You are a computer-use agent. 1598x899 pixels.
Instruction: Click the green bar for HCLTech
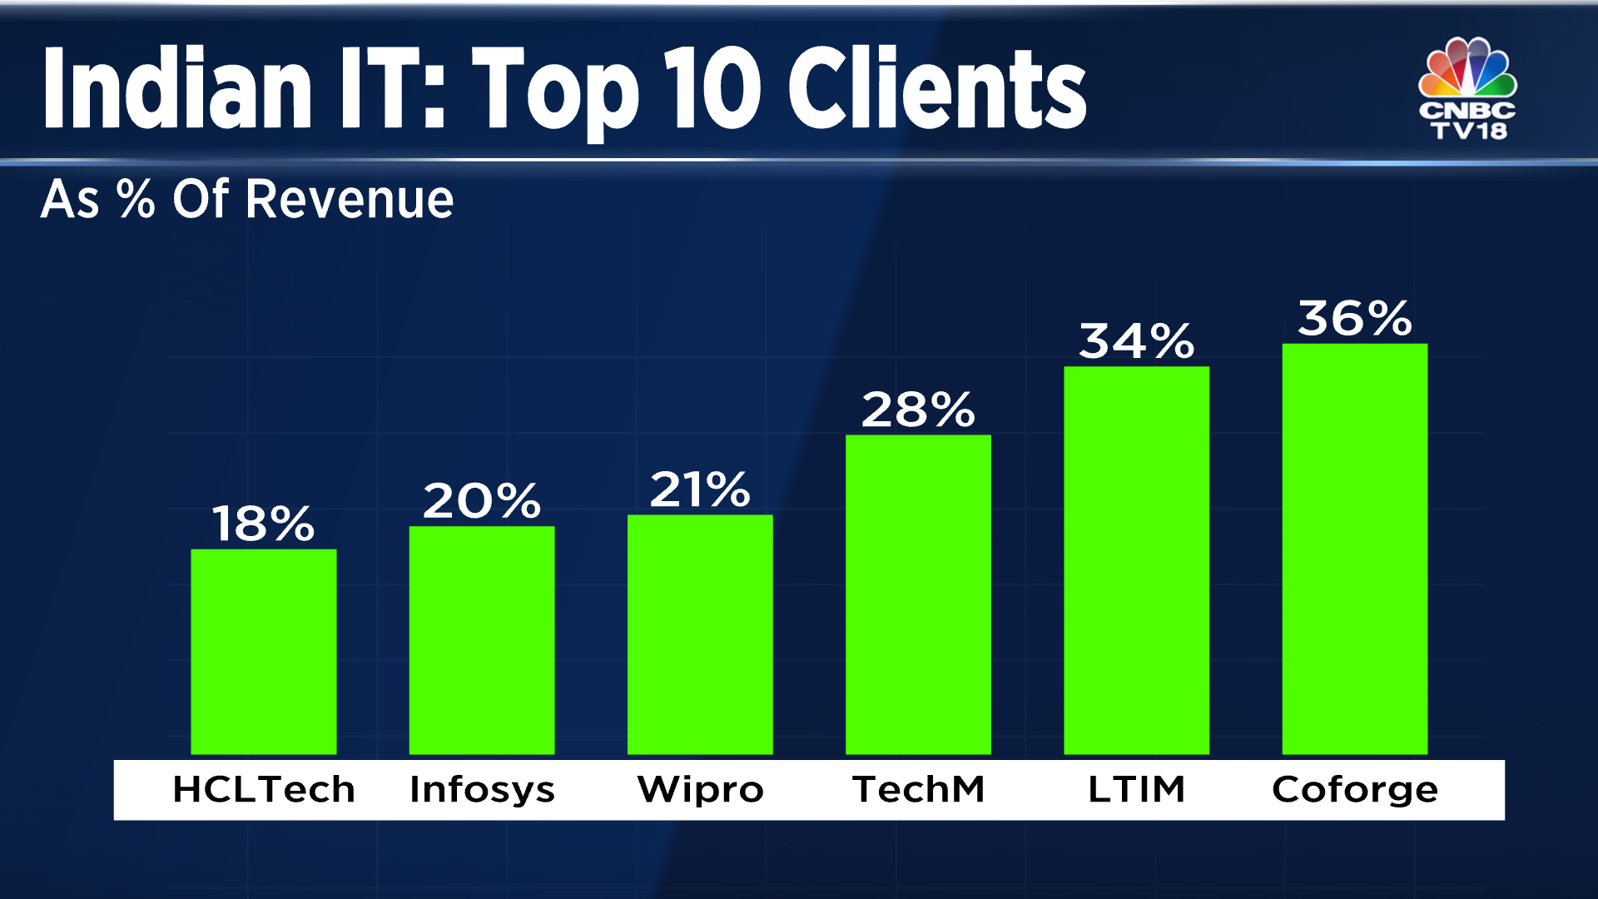pos(264,652)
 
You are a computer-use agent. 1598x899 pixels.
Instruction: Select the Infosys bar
pos(482,640)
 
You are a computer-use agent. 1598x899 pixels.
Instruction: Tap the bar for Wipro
pos(700,634)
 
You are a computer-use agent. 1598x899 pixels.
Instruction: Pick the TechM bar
pos(918,594)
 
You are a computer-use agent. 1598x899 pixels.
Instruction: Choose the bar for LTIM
pos(1136,560)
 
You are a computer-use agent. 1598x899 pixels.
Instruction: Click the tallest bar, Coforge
pos(1354,549)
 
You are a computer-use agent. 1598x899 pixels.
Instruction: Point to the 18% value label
pos(264,524)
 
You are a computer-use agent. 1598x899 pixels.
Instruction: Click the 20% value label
pos(482,501)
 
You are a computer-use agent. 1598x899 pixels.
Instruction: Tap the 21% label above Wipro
pos(700,489)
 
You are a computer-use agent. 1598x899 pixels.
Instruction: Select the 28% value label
pos(918,410)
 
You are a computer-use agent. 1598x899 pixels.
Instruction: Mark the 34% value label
pos(1136,342)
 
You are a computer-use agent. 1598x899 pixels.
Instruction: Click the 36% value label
pos(1354,319)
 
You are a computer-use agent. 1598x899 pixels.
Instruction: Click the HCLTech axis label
pos(264,789)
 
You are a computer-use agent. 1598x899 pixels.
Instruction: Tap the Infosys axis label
pos(482,789)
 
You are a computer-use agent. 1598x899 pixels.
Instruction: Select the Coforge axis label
pos(1354,789)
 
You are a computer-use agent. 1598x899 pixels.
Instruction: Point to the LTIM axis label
pos(1136,789)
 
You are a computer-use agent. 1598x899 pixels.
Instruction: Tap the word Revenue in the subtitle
pos(350,200)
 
